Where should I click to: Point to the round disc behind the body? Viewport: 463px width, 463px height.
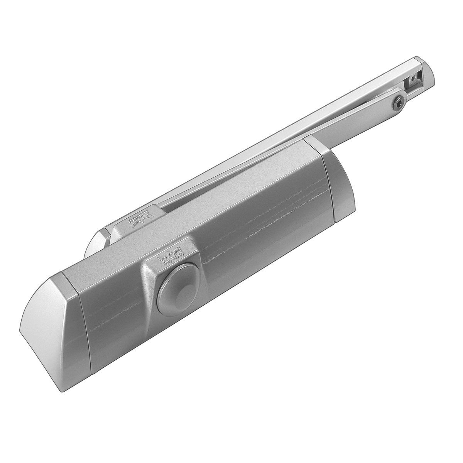click(x=95, y=247)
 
